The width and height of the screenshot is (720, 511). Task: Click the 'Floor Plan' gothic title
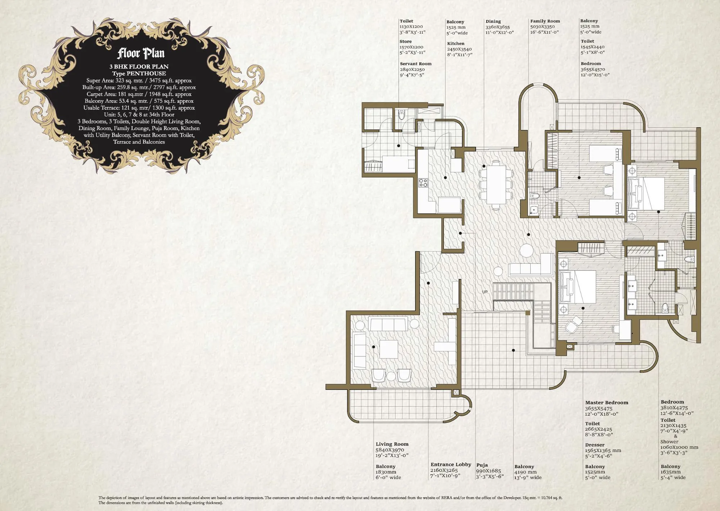[x=141, y=53]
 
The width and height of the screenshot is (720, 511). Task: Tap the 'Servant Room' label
[x=415, y=64]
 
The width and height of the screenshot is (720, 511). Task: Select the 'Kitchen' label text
[x=455, y=44]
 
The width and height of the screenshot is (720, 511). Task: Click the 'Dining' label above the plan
[x=493, y=22]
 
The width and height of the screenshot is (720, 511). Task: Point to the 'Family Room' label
[x=545, y=21]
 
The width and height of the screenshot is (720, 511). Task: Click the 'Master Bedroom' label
[x=606, y=403]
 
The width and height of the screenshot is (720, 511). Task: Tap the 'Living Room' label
[x=392, y=444]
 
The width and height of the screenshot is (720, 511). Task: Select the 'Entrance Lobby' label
[x=450, y=465]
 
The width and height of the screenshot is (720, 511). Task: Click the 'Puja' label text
[x=482, y=465]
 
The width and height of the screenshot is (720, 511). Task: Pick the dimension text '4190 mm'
[x=525, y=472]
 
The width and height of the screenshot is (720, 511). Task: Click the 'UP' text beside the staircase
[x=485, y=292]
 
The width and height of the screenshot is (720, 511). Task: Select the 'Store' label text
[x=405, y=41]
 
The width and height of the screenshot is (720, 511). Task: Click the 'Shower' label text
[x=669, y=442]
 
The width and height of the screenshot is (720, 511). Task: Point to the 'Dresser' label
[x=594, y=445]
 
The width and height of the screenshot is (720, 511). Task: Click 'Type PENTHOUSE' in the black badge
[x=139, y=74]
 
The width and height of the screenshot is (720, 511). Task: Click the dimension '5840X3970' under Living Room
[x=390, y=450]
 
